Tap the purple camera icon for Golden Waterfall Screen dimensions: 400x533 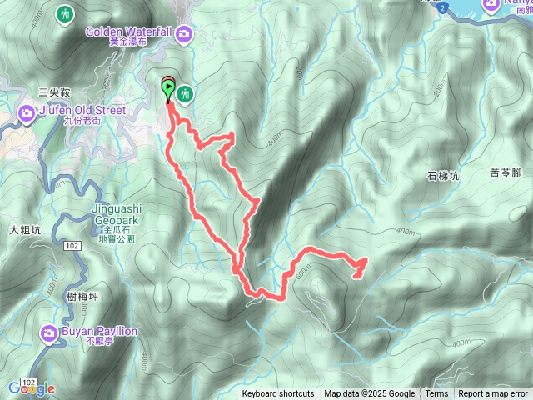(x=184, y=33)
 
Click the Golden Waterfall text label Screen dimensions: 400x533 (x=128, y=32)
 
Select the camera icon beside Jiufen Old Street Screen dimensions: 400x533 (x=27, y=111)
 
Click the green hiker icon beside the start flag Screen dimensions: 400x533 (x=184, y=94)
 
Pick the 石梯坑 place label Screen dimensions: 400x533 (x=443, y=175)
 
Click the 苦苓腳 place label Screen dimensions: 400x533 (x=506, y=172)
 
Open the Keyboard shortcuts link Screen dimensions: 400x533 (x=278, y=394)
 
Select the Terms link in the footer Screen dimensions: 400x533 (x=436, y=394)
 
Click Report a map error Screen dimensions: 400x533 (x=494, y=394)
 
